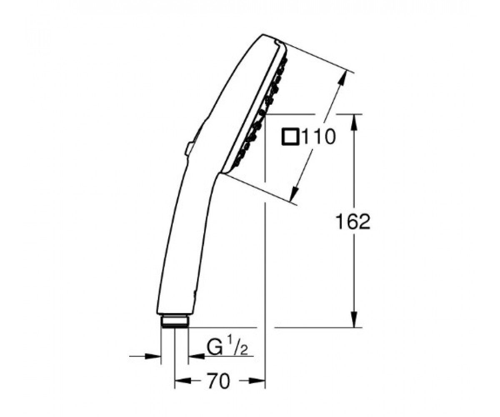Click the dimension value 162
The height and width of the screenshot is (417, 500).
[x=353, y=222]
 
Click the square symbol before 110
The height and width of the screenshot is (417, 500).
[x=291, y=137]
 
